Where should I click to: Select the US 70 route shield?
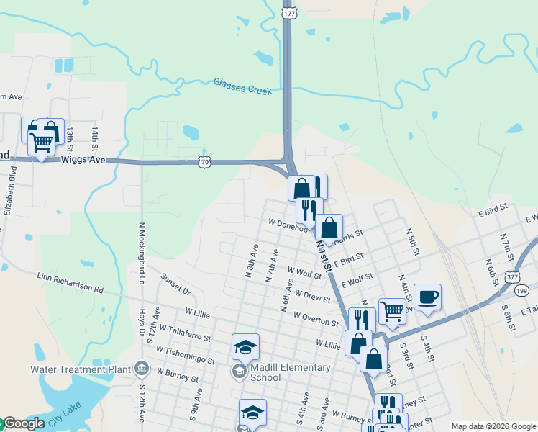(206, 163)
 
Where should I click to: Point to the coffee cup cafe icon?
(427, 297)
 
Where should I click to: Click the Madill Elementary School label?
(286, 372)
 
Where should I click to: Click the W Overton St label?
(316, 318)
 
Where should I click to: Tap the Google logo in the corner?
(23, 423)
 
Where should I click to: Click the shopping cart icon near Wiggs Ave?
(41, 143)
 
